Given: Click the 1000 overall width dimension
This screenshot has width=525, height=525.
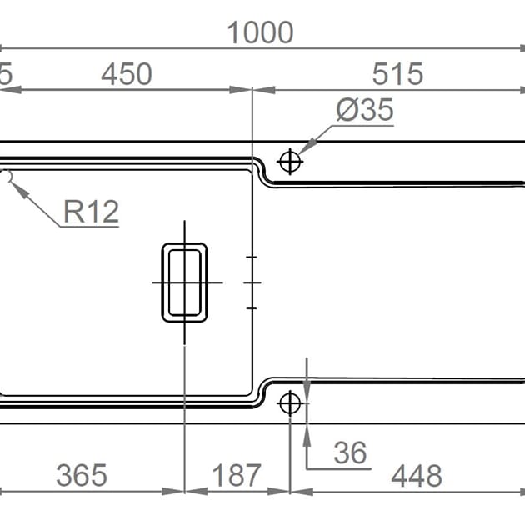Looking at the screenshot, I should tap(260, 32).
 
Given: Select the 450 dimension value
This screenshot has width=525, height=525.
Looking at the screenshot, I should tap(127, 74).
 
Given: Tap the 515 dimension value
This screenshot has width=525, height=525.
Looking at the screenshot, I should tap(397, 74).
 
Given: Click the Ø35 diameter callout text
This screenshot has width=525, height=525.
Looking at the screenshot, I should tap(364, 110).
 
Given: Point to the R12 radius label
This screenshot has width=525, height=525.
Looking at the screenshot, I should tap(92, 212).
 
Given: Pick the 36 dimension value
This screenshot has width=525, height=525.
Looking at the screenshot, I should tap(350, 452).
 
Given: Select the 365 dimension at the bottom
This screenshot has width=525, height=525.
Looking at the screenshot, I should tap(82, 476).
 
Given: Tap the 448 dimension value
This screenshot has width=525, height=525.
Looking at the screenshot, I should tap(416, 476).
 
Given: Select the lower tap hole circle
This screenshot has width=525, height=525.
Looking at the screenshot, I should tap(290, 403).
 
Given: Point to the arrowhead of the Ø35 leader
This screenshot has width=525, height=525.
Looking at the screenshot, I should tap(302, 147).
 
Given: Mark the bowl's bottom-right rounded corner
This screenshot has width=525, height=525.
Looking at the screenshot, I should tap(247, 390).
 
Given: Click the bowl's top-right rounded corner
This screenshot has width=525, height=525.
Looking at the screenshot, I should tap(247, 172).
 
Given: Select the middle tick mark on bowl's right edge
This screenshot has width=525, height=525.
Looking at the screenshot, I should tap(252, 282).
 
